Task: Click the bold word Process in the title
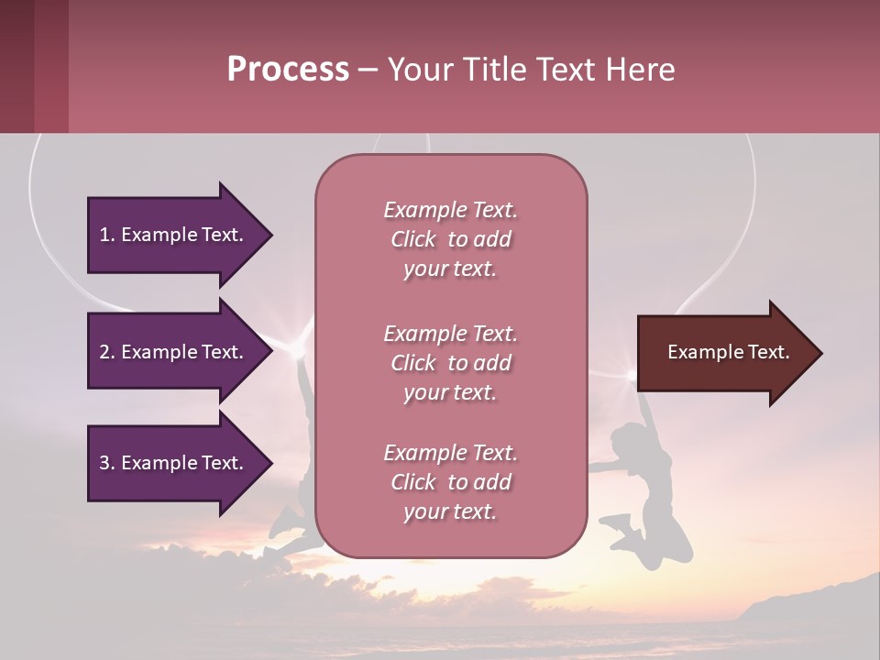tap(288, 70)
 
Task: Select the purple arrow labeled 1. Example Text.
tap(174, 235)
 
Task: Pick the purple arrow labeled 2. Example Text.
tap(174, 352)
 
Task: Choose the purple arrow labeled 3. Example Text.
tap(174, 463)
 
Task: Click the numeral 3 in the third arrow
tap(104, 464)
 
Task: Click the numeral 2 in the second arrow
tap(104, 352)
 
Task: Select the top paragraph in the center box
tap(450, 239)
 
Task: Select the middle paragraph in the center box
tap(450, 363)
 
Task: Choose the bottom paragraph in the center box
tap(450, 482)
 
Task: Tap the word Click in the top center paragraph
tap(413, 240)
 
